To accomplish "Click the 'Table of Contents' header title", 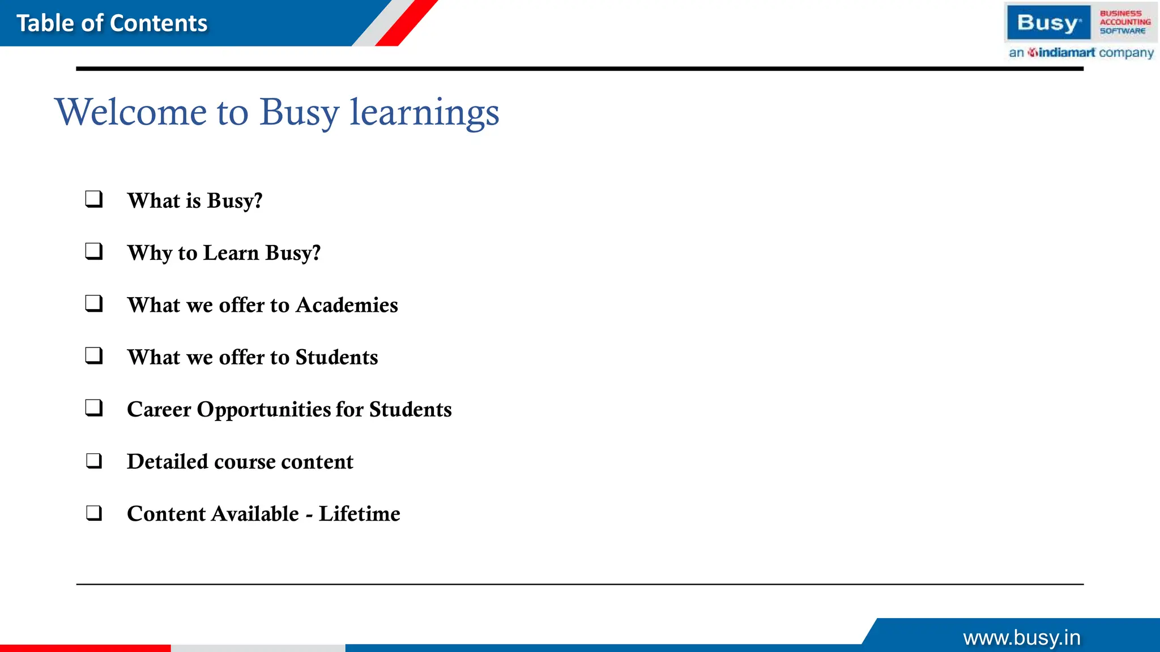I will pyautogui.click(x=112, y=23).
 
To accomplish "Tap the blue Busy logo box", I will pyautogui.click(x=1048, y=23).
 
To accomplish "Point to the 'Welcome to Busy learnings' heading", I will pyautogui.click(x=277, y=111).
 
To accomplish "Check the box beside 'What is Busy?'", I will pyautogui.click(x=94, y=199).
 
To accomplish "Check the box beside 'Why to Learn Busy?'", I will pyautogui.click(x=94, y=251).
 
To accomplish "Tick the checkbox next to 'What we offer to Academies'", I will pyautogui.click(x=94, y=303).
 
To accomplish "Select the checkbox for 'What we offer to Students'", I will pyautogui.click(x=94, y=355).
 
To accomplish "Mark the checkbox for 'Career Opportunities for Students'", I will pyautogui.click(x=94, y=407).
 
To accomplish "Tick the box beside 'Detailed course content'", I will pyautogui.click(x=94, y=461).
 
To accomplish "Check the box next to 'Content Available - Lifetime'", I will pyautogui.click(x=94, y=513).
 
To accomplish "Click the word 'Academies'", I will pyautogui.click(x=347, y=305).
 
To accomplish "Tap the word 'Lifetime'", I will pyautogui.click(x=359, y=514).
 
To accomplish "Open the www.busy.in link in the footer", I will pyautogui.click(x=1022, y=638).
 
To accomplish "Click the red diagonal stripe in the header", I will pyautogui.click(x=407, y=23).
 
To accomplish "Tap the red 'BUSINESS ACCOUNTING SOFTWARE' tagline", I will pyautogui.click(x=1124, y=22).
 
